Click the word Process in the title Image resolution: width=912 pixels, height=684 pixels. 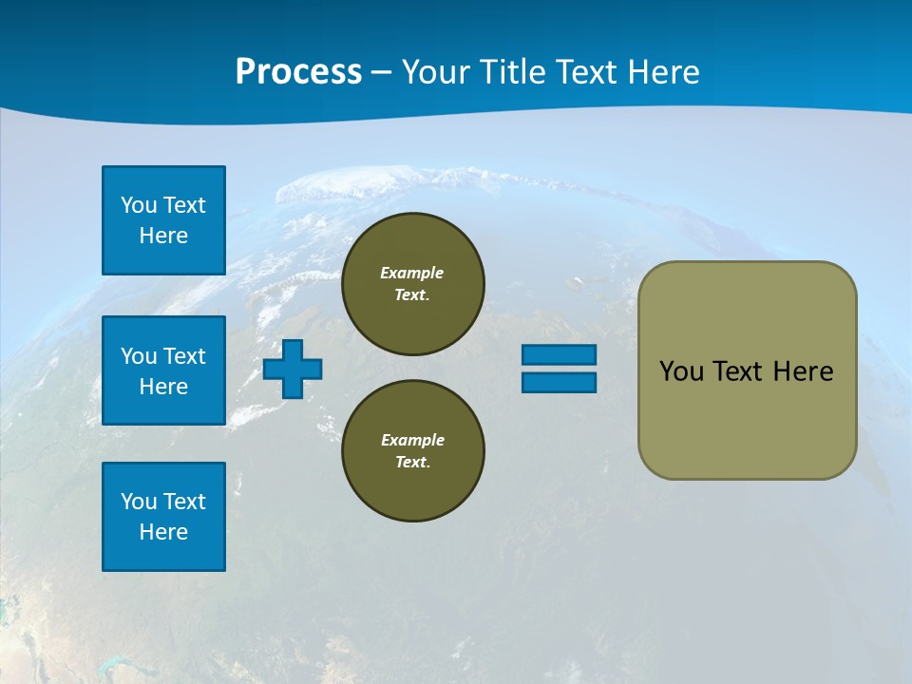(298, 71)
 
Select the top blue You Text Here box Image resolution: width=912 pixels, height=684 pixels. (163, 220)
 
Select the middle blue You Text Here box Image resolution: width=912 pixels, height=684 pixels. (163, 370)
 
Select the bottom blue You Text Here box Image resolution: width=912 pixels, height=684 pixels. (163, 517)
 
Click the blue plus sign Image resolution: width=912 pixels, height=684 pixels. (293, 369)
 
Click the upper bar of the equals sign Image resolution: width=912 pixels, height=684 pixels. (559, 355)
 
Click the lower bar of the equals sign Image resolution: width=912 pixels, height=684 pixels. (559, 383)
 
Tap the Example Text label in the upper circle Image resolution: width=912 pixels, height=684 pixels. (412, 283)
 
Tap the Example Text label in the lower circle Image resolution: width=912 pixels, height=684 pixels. (412, 450)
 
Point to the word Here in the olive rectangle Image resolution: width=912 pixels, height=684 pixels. (803, 371)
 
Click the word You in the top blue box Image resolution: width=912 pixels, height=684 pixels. (139, 205)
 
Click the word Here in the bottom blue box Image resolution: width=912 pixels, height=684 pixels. (163, 532)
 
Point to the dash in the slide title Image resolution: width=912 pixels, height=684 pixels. (382, 73)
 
